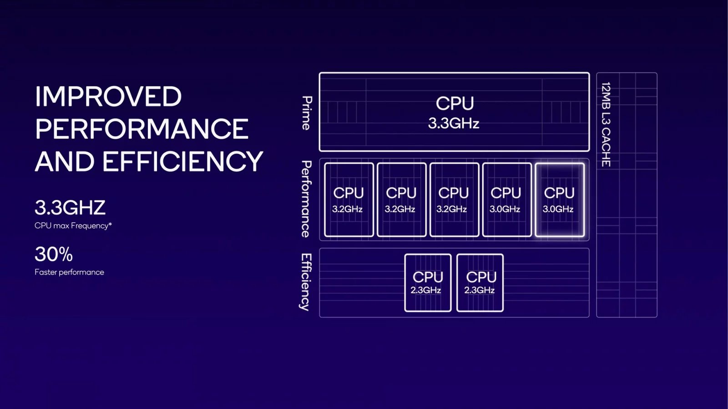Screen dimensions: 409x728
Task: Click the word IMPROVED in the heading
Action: point(108,97)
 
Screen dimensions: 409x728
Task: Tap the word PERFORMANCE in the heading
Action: point(142,130)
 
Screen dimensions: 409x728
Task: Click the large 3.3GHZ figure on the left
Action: point(70,208)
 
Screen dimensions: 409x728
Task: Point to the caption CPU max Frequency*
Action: point(73,225)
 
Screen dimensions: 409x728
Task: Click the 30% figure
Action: point(54,254)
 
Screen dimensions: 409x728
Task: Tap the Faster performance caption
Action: point(69,272)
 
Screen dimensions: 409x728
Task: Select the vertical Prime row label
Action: point(307,113)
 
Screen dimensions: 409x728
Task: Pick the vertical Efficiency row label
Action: point(306,282)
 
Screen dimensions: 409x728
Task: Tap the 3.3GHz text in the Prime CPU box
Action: point(454,123)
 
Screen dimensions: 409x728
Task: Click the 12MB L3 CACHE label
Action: point(606,124)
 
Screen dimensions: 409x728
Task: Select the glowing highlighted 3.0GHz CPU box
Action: point(559,200)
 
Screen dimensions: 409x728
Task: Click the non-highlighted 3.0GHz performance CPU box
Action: point(506,200)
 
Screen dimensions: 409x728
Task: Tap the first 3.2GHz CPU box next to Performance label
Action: point(349,200)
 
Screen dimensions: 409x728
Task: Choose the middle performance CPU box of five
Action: point(454,200)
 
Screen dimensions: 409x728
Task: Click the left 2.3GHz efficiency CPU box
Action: point(428,283)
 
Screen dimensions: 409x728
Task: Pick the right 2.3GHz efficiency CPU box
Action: point(480,283)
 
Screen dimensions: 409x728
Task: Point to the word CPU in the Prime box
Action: point(455,104)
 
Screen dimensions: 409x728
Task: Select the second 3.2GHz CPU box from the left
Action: point(401,200)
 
